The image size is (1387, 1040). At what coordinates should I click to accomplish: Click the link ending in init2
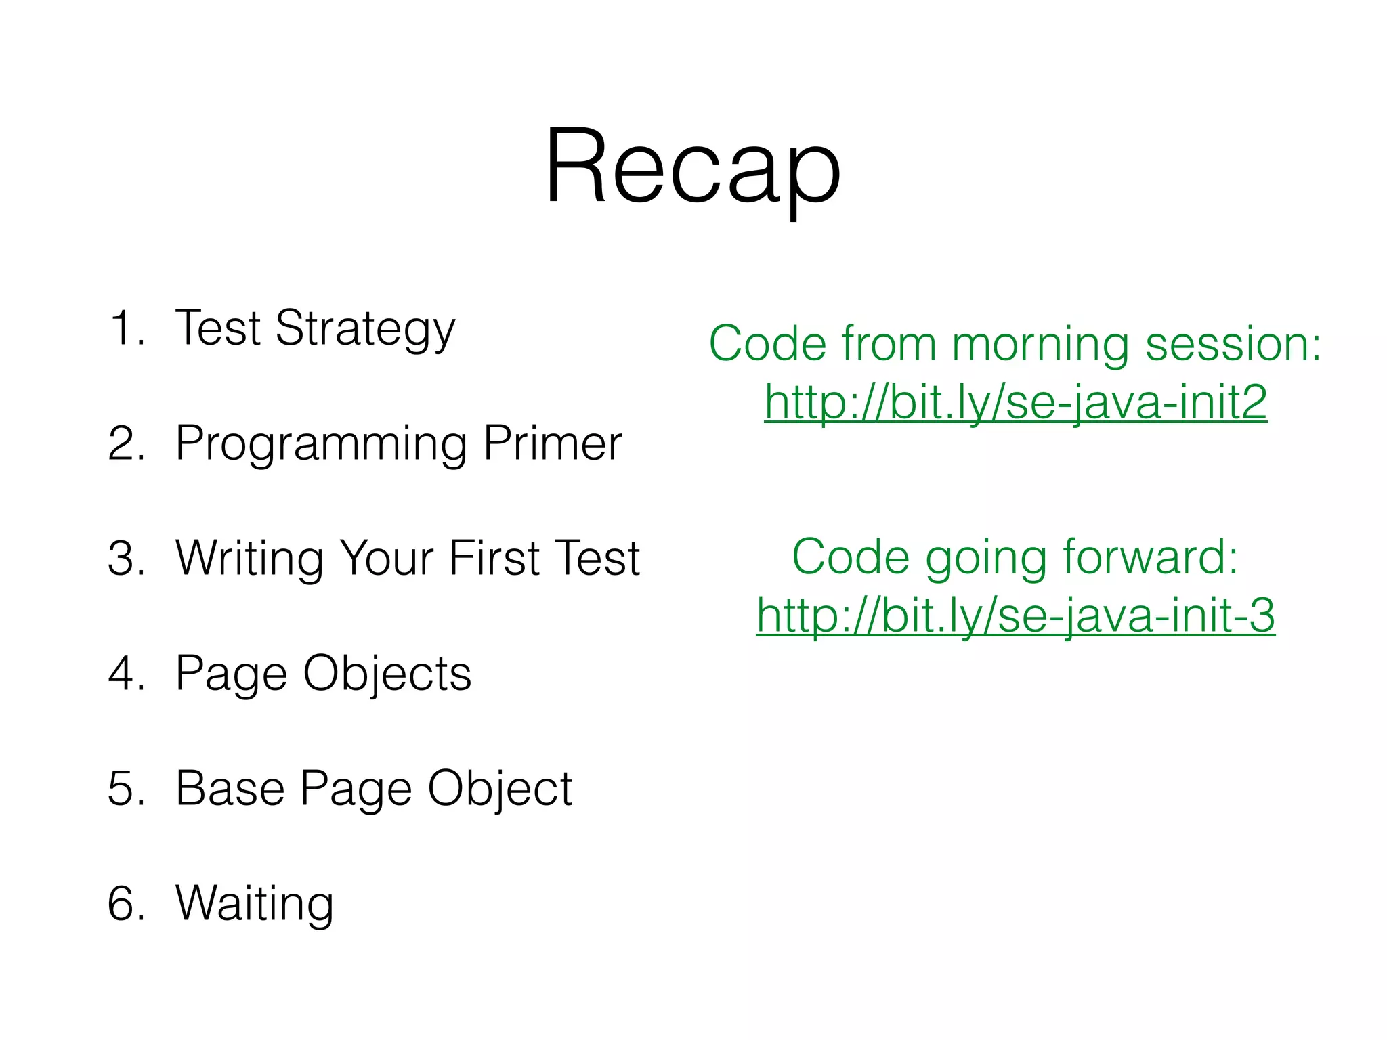click(x=1015, y=402)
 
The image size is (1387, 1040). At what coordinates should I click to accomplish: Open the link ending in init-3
click(x=1015, y=615)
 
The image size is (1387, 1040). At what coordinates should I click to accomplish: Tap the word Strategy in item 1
click(x=365, y=330)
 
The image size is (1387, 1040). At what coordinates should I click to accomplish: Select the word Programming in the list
click(x=321, y=445)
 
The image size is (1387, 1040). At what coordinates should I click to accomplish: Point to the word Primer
click(x=552, y=443)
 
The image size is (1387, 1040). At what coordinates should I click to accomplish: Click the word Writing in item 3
click(x=249, y=559)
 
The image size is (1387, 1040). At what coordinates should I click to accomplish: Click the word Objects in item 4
click(x=387, y=674)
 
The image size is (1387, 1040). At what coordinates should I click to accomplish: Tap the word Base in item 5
click(x=230, y=789)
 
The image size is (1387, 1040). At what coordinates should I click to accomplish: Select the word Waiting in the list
click(x=255, y=905)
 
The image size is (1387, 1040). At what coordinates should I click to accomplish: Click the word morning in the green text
click(x=1040, y=344)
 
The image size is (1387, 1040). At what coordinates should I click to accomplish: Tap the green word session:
click(x=1233, y=344)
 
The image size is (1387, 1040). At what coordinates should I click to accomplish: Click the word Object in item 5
click(x=500, y=790)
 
